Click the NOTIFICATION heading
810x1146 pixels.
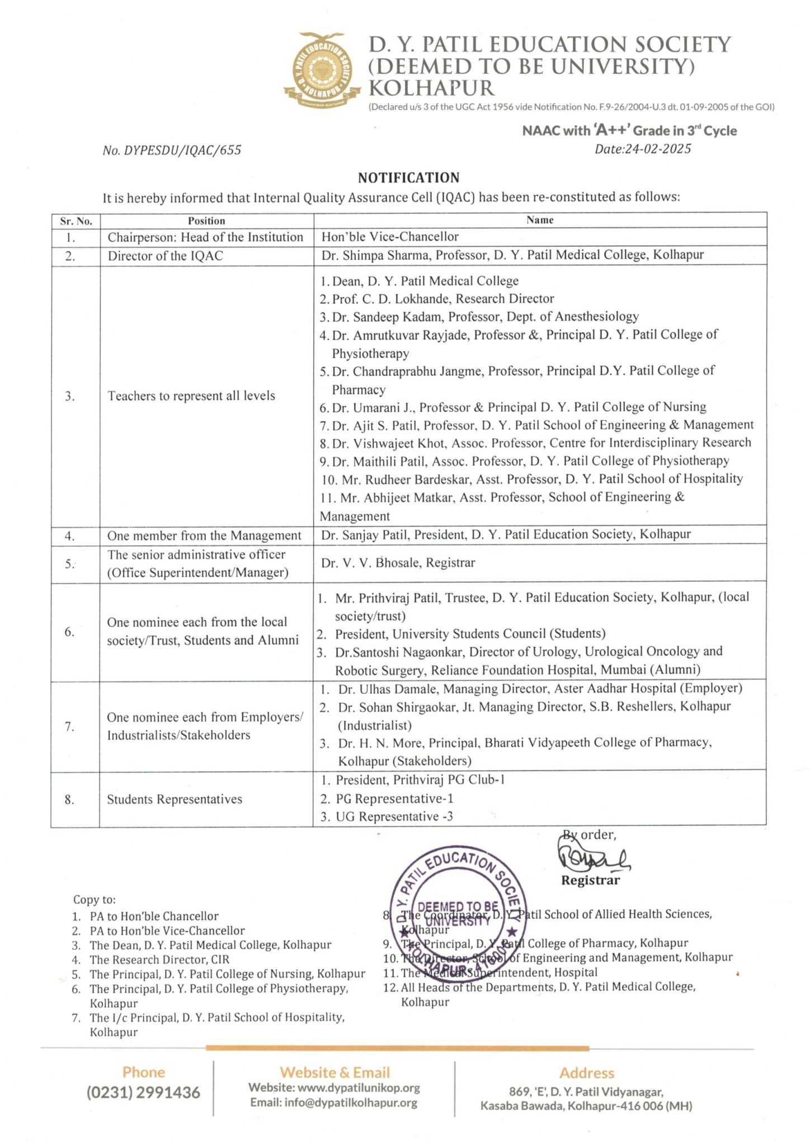click(408, 178)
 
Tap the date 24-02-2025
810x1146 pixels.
click(658, 149)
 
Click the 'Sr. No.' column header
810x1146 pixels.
click(76, 221)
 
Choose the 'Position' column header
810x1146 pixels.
click(206, 221)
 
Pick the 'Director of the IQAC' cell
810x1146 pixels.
click(166, 256)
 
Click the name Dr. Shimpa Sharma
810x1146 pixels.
click(376, 255)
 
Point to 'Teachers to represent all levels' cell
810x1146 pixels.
click(191, 396)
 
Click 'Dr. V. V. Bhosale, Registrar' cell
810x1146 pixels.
click(398, 563)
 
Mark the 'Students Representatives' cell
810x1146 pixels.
click(175, 799)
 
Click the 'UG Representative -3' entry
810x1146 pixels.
click(394, 817)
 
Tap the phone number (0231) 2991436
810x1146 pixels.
click(143, 1092)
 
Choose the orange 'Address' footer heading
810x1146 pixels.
click(586, 1073)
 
